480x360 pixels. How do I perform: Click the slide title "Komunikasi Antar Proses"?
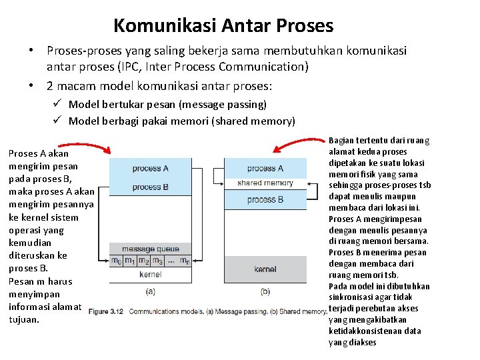pyautogui.click(x=223, y=25)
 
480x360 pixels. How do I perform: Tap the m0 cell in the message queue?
pyautogui.click(x=116, y=261)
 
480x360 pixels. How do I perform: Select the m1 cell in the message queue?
pyautogui.click(x=130, y=261)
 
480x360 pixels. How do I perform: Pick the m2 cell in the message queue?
pyautogui.click(x=144, y=261)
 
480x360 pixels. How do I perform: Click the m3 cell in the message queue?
pyautogui.click(x=158, y=261)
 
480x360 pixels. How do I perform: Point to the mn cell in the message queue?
pyautogui.click(x=185, y=261)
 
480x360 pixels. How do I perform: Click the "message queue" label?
pyautogui.click(x=151, y=249)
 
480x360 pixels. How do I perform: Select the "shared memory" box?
pyautogui.click(x=265, y=183)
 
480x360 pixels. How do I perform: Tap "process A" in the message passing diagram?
pyautogui.click(x=151, y=168)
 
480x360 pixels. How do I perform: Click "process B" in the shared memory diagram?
pyautogui.click(x=265, y=199)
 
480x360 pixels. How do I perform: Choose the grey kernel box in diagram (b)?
pyautogui.click(x=265, y=269)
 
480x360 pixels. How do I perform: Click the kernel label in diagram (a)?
pyautogui.click(x=151, y=274)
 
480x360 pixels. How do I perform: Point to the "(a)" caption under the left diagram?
pyautogui.click(x=151, y=291)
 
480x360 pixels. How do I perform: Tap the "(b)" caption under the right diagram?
pyautogui.click(x=265, y=291)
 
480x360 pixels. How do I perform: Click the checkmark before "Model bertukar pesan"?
pyautogui.click(x=58, y=104)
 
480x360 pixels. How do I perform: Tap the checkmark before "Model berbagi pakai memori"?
pyautogui.click(x=58, y=121)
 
